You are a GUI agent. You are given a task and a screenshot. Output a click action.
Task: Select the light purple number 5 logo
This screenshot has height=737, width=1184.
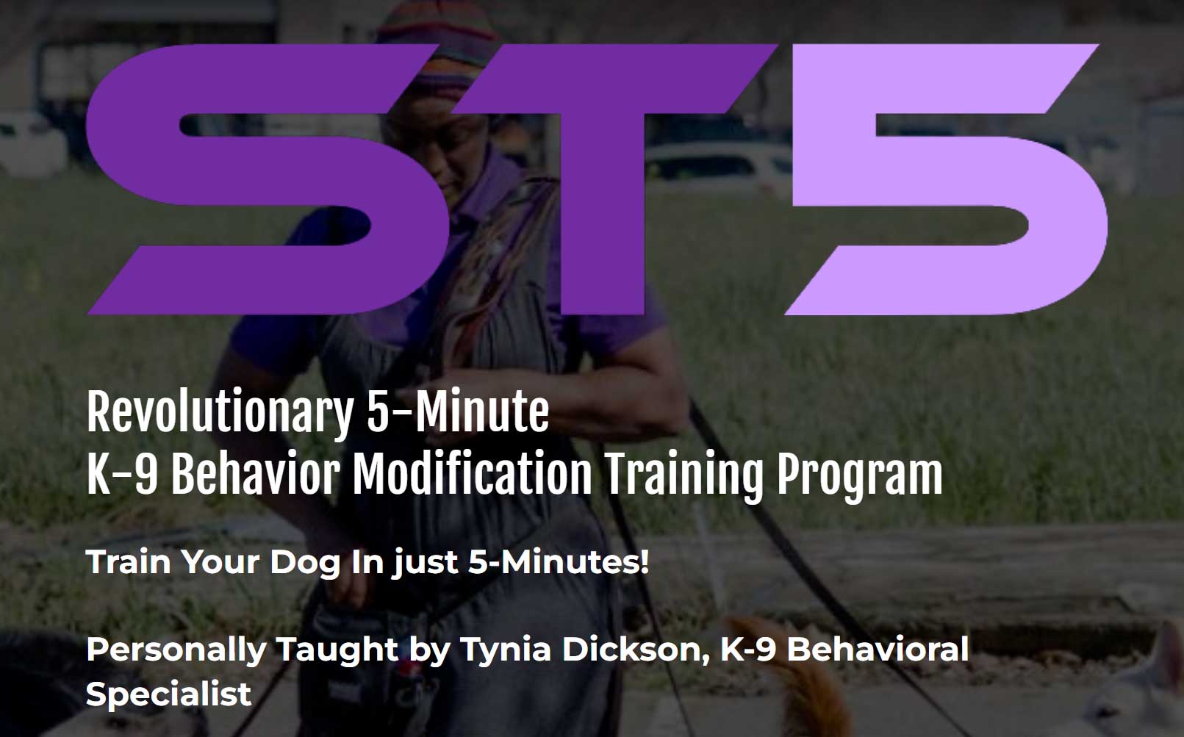(x=948, y=180)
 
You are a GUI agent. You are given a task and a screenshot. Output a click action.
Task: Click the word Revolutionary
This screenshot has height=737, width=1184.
(x=220, y=413)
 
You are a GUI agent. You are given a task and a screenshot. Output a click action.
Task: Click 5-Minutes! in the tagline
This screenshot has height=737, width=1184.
(x=559, y=563)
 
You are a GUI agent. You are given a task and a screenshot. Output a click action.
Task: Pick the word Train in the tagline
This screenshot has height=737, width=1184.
(x=129, y=563)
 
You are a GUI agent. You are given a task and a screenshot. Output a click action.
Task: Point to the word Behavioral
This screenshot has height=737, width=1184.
(x=878, y=650)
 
